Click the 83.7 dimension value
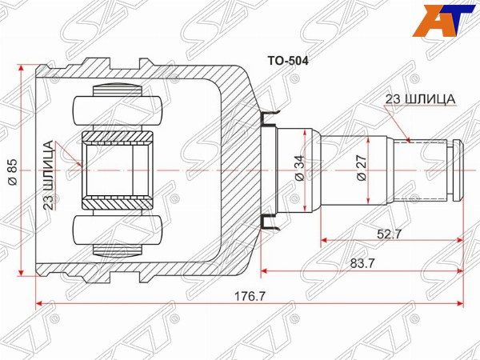click(362, 262)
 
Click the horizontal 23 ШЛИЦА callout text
click(420, 98)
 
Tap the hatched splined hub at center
click(118, 170)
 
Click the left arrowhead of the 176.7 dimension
click(39, 304)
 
